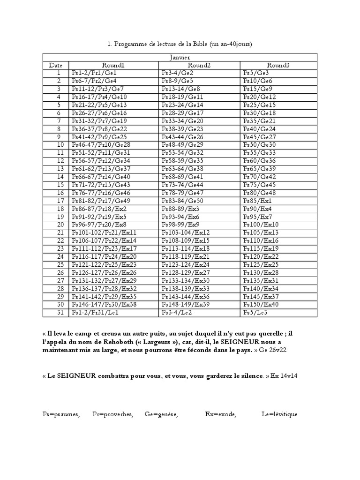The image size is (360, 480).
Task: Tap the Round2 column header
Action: (199, 65)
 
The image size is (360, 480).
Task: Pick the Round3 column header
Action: (278, 65)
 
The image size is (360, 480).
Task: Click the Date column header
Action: (55, 65)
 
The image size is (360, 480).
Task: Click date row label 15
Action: (59, 185)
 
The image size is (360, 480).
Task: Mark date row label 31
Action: (59, 312)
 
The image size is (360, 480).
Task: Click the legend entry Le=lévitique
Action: (279, 414)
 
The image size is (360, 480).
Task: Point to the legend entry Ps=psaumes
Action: (61, 414)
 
